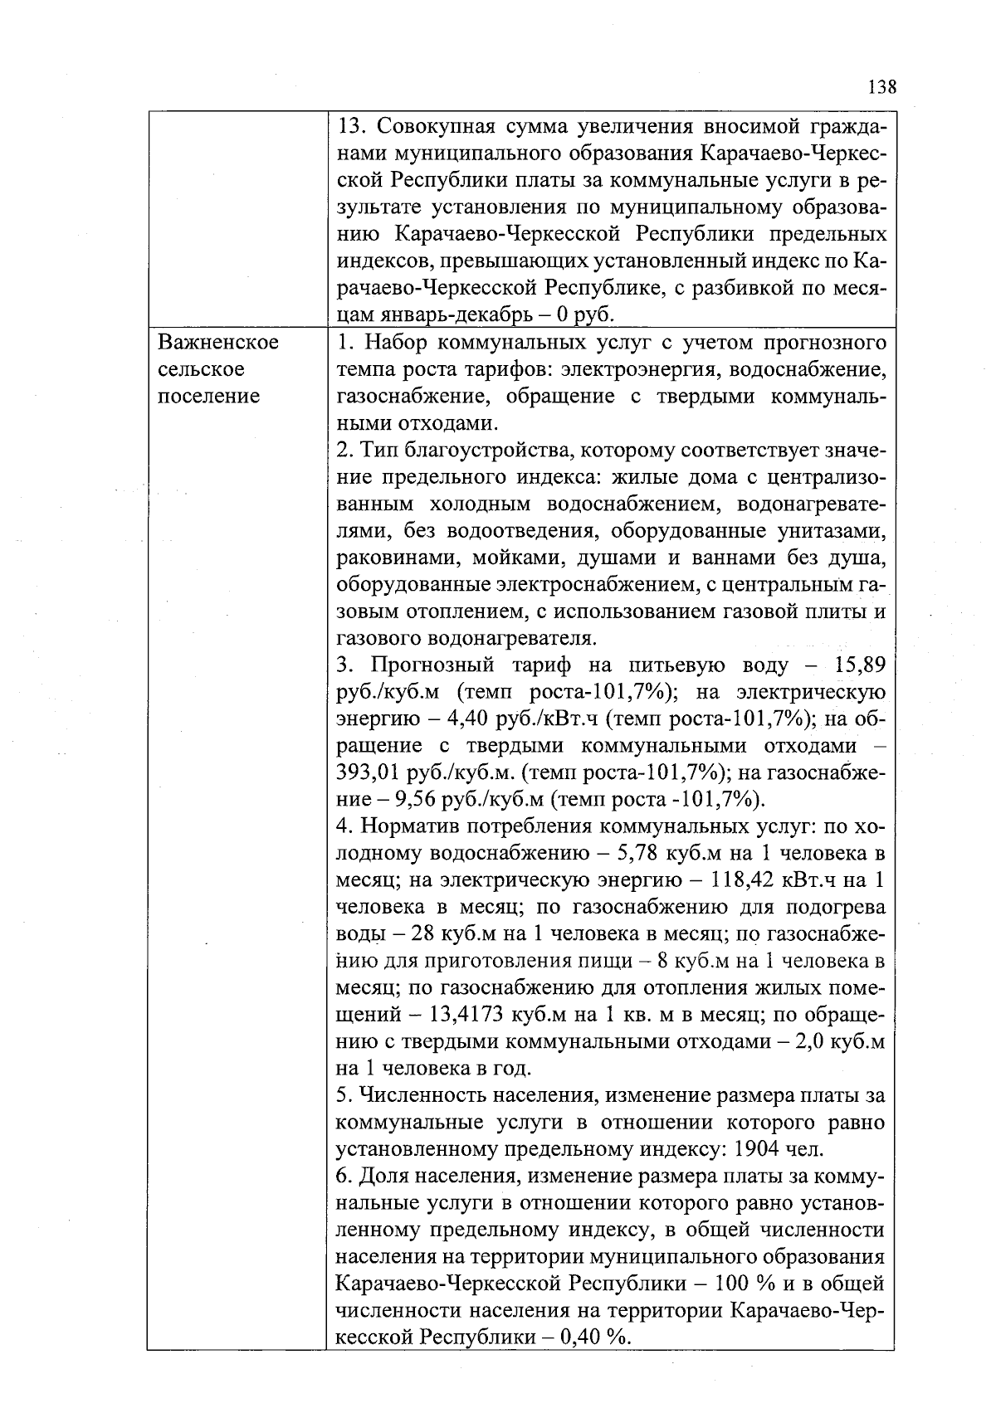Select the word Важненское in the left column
[x=217, y=343]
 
